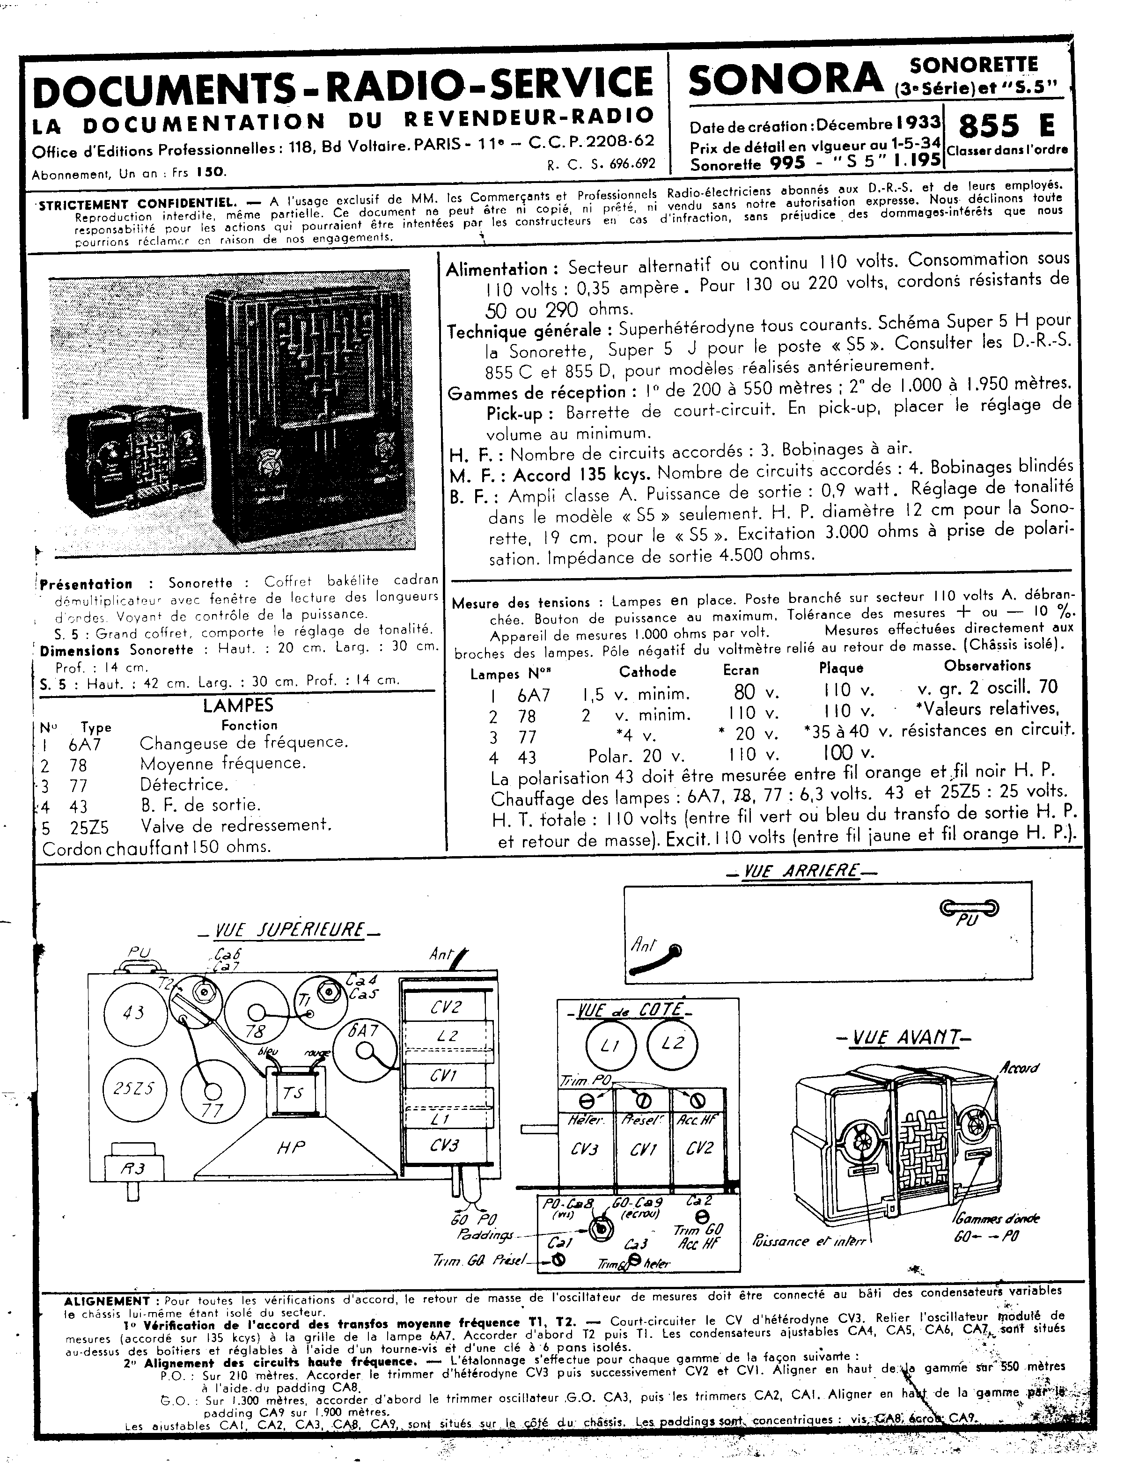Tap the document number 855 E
[x=1006, y=126]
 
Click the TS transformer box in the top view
[x=293, y=1093]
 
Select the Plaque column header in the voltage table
[x=841, y=668]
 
